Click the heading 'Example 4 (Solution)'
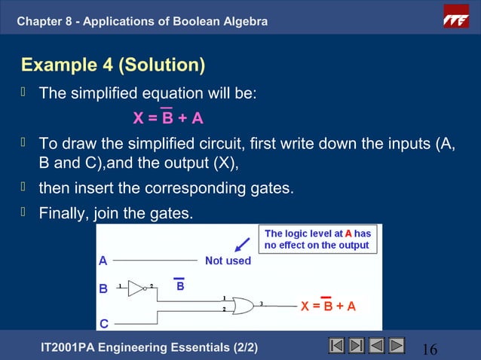pos(113,65)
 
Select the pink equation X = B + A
pos(168,118)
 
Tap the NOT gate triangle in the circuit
pos(136,288)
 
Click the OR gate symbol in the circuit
pos(242,305)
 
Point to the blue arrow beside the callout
pos(242,245)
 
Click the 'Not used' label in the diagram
pos(228,261)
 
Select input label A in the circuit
pos(103,261)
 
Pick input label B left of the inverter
pos(103,288)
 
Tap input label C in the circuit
pos(103,324)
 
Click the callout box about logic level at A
pos(317,239)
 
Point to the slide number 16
pos(430,349)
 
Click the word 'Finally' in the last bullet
pos(63,214)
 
